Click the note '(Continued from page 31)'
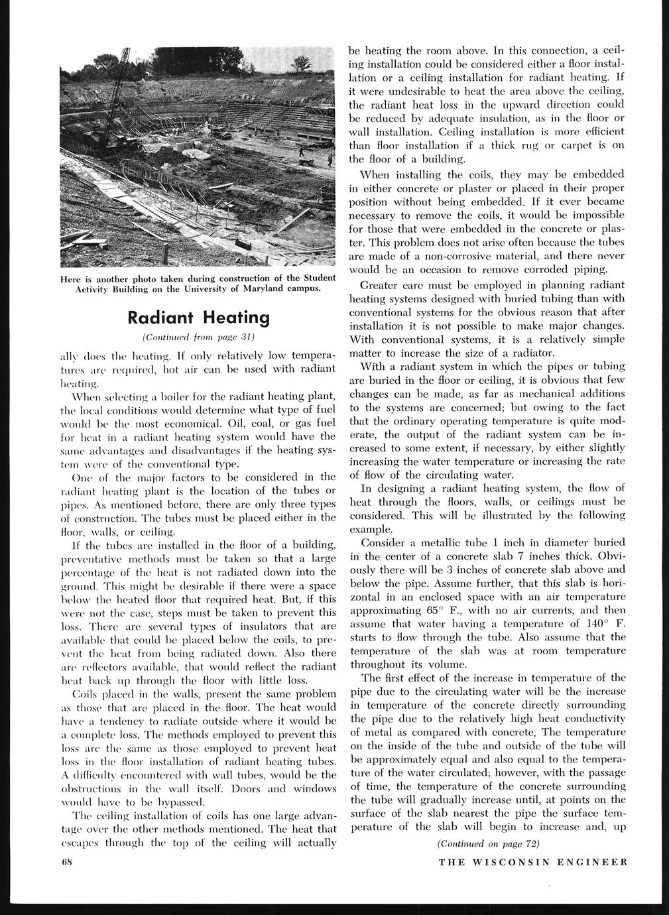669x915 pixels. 199,337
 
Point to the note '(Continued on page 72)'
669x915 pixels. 489,843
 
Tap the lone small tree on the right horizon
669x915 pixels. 302,64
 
